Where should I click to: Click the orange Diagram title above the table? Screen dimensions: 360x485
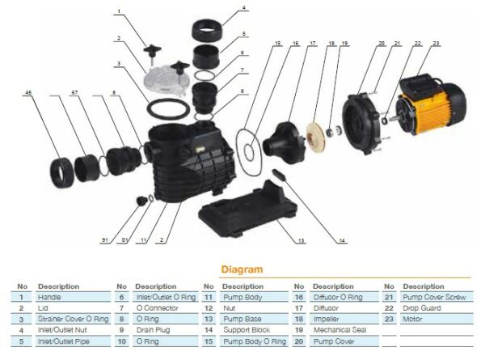coord(242,270)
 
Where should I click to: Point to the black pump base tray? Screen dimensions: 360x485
coord(242,216)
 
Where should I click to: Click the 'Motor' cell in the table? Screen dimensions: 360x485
coord(411,319)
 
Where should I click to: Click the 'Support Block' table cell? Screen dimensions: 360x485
coord(246,330)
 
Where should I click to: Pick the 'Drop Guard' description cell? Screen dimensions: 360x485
coord(420,307)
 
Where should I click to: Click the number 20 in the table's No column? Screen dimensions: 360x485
coord(297,341)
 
